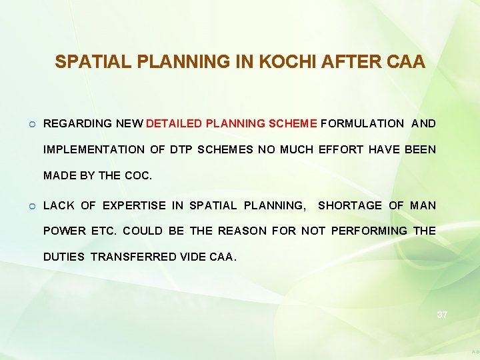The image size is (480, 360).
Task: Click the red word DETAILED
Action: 174,123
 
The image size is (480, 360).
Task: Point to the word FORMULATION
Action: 362,123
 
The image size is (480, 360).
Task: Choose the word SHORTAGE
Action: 350,205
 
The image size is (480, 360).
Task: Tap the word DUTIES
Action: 64,256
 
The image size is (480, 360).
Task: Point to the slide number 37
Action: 442,315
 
